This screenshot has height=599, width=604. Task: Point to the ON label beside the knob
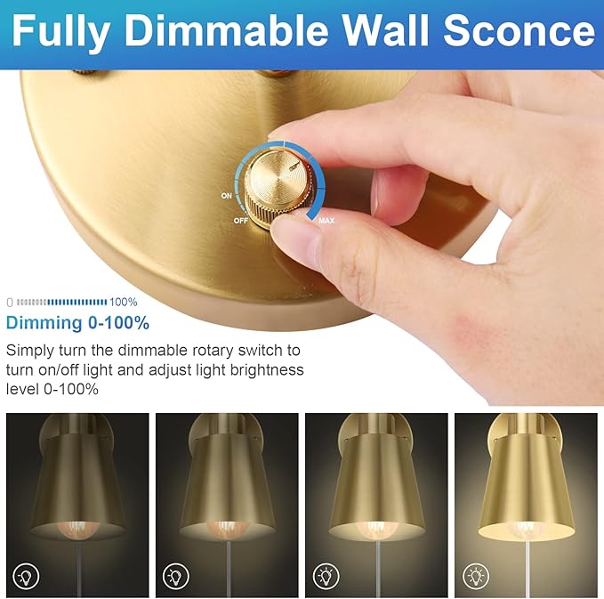tap(228, 195)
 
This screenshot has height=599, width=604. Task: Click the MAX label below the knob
tap(326, 219)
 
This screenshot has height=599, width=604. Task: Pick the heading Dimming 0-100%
tap(78, 323)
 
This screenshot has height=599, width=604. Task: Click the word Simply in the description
tap(29, 351)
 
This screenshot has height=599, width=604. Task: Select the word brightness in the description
tap(262, 369)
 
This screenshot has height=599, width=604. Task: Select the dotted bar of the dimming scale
tap(62, 303)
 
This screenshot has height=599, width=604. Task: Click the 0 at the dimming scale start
tap(10, 303)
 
